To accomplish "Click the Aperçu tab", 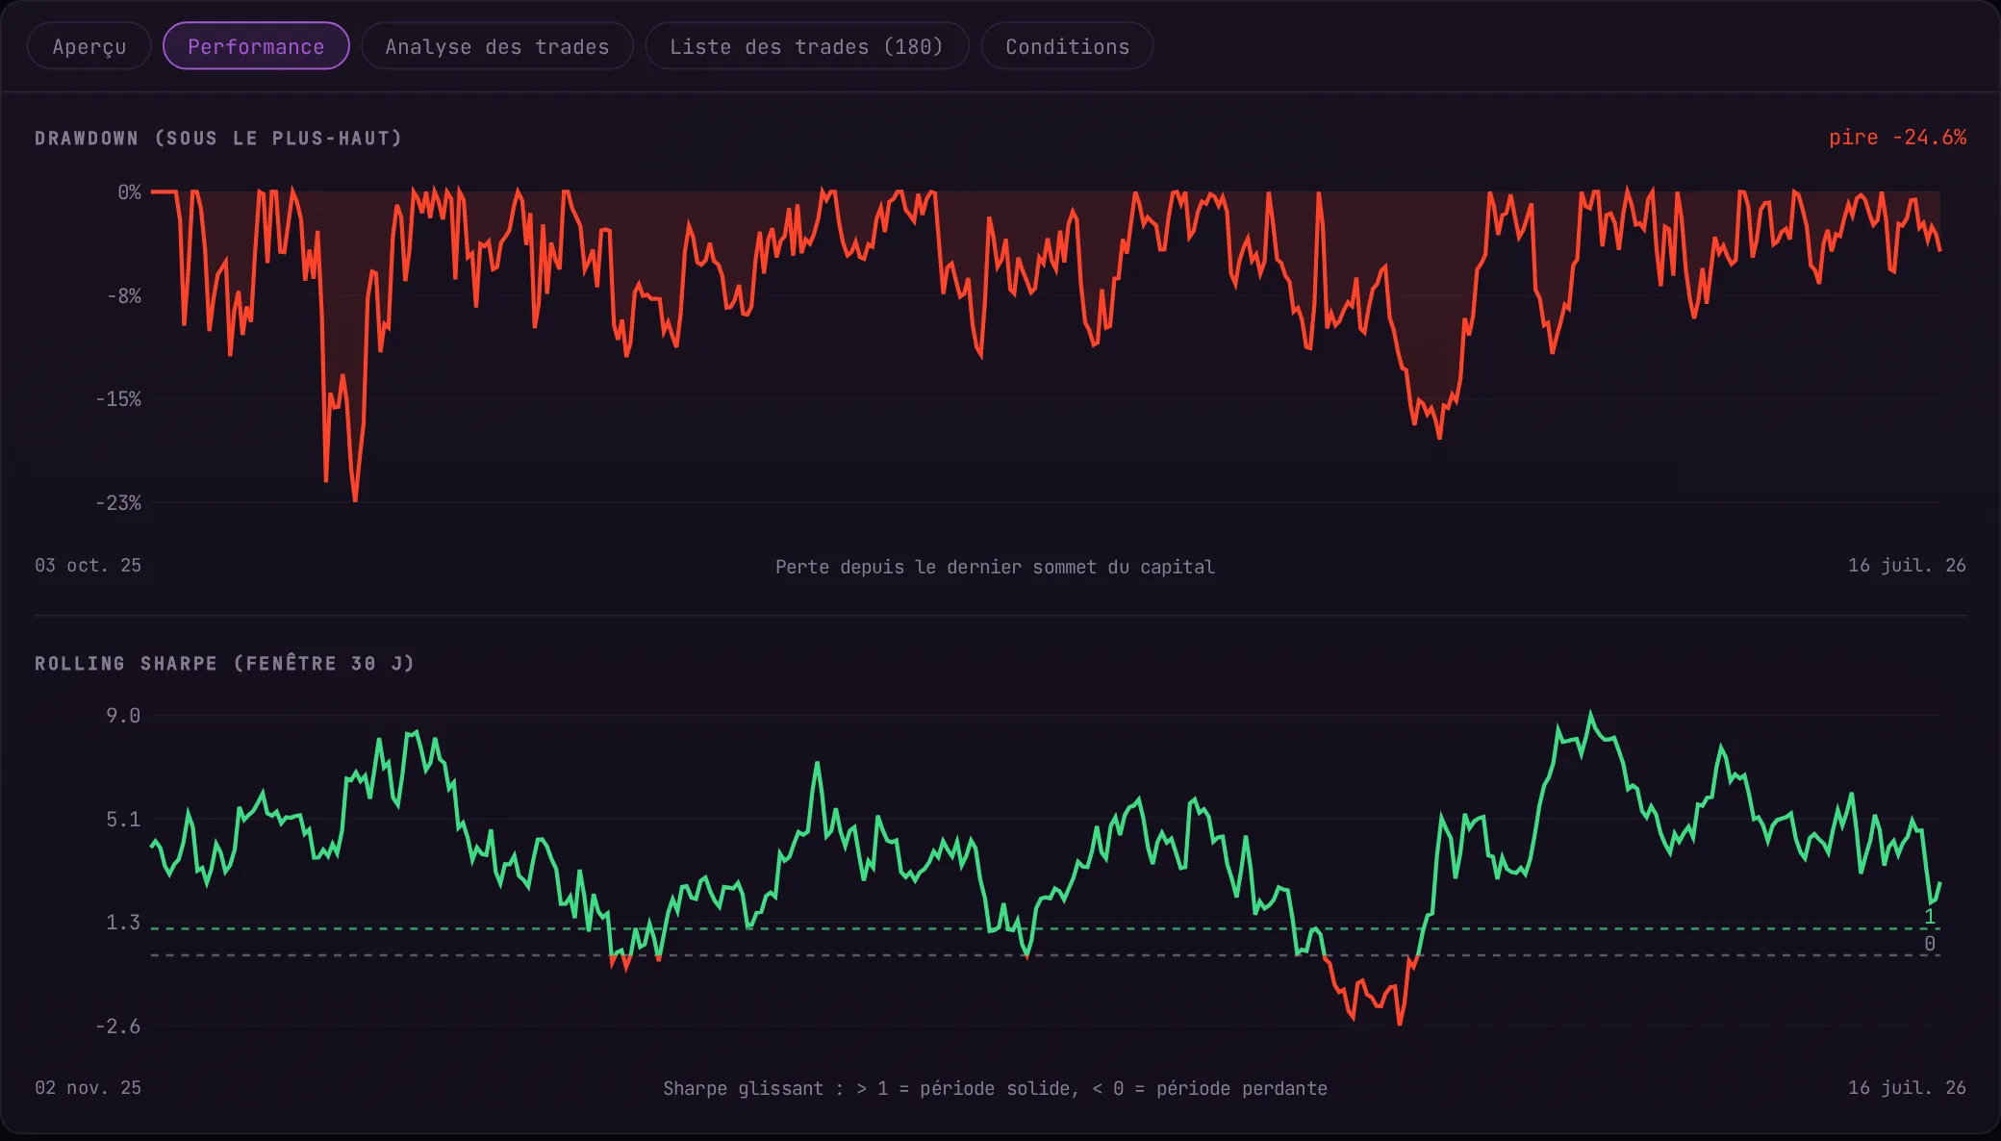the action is (x=89, y=46).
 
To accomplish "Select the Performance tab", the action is (x=256, y=46).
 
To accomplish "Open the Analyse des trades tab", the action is (x=497, y=46).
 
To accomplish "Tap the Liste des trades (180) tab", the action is (x=806, y=46).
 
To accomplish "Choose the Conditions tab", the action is (x=1067, y=46).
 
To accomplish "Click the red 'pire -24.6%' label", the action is (x=1897, y=138).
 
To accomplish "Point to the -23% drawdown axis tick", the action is (x=118, y=502).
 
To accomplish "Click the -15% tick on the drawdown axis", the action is (x=118, y=398).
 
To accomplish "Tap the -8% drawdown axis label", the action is (x=124, y=295).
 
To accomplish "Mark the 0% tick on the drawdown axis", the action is (x=130, y=192).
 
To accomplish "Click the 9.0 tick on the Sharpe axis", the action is (x=123, y=715).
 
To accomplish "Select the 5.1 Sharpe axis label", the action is (x=123, y=819).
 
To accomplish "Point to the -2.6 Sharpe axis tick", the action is (x=118, y=1026).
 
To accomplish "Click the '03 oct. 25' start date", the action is (x=89, y=565).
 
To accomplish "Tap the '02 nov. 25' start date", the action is (x=89, y=1087).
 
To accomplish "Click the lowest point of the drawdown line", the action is (x=355, y=500).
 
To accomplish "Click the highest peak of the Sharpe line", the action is (x=1590, y=713).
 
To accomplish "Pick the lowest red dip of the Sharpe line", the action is (x=1399, y=1024).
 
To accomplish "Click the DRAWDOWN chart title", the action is (x=218, y=139).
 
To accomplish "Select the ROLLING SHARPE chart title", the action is (x=224, y=663).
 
